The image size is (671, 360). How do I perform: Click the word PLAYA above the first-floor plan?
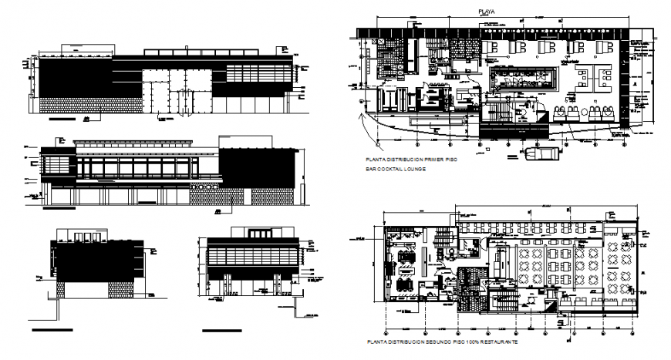click(486, 12)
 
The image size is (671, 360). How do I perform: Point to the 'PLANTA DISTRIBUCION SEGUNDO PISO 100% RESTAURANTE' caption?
click(443, 341)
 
